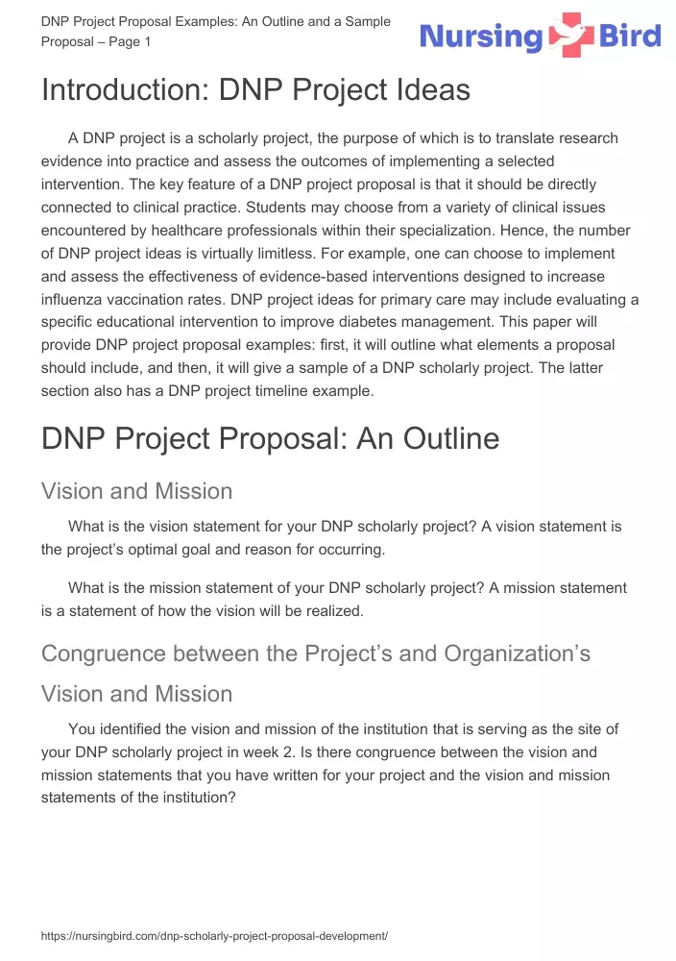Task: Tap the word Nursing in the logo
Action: tap(481, 38)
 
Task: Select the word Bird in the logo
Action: tap(630, 37)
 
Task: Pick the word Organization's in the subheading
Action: tap(517, 653)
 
